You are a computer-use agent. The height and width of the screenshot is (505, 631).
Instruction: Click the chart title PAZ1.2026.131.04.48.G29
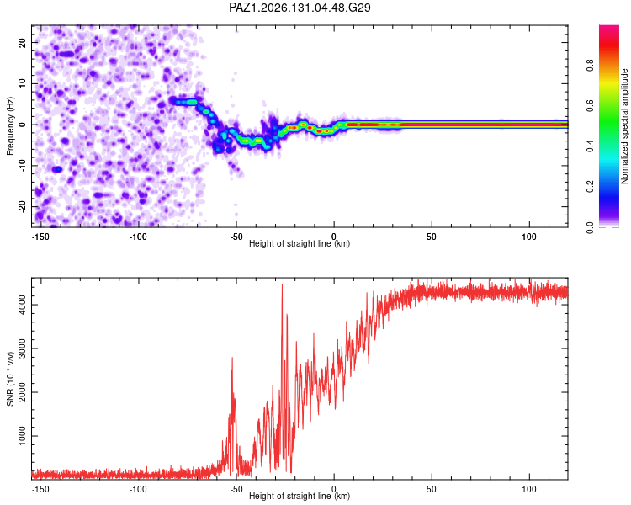pyautogui.click(x=300, y=8)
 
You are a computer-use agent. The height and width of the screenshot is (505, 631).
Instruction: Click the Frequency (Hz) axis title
pyautogui.click(x=10, y=126)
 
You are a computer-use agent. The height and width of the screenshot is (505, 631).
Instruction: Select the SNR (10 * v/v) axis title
pyautogui.click(x=10, y=379)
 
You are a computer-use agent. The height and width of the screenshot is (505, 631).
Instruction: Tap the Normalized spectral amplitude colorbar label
pyautogui.click(x=624, y=126)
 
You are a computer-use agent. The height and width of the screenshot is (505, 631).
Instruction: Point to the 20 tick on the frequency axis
pyautogui.click(x=22, y=42)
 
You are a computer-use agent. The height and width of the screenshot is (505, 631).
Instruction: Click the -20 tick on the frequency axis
pyautogui.click(x=22, y=206)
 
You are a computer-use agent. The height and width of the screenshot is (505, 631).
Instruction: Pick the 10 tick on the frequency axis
pyautogui.click(x=22, y=83)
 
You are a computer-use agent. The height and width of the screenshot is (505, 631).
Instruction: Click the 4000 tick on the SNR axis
pyautogui.click(x=22, y=305)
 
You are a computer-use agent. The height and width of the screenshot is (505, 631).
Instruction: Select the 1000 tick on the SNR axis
pyautogui.click(x=22, y=436)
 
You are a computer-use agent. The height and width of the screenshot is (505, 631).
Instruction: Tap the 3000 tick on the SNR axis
pyautogui.click(x=22, y=348)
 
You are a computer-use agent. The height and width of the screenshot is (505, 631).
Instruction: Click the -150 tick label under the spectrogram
pyautogui.click(x=40, y=237)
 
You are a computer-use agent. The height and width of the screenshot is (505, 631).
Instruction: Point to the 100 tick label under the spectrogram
pyautogui.click(x=529, y=237)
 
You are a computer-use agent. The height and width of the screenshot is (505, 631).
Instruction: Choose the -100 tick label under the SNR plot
pyautogui.click(x=138, y=489)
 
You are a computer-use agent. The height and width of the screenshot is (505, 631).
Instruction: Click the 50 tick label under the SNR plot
pyautogui.click(x=432, y=489)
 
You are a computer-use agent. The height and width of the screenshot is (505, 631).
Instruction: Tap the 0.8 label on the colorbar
pyautogui.click(x=590, y=65)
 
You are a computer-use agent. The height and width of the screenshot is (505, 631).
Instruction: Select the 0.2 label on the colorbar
pyautogui.click(x=590, y=187)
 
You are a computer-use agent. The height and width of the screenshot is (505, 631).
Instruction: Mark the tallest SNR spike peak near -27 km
pyautogui.click(x=282, y=284)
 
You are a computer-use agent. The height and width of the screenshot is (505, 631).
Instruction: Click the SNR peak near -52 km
pyautogui.click(x=232, y=358)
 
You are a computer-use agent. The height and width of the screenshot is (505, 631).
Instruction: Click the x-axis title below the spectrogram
pyautogui.click(x=300, y=243)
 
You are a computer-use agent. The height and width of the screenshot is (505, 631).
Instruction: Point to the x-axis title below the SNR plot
pyautogui.click(x=300, y=496)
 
